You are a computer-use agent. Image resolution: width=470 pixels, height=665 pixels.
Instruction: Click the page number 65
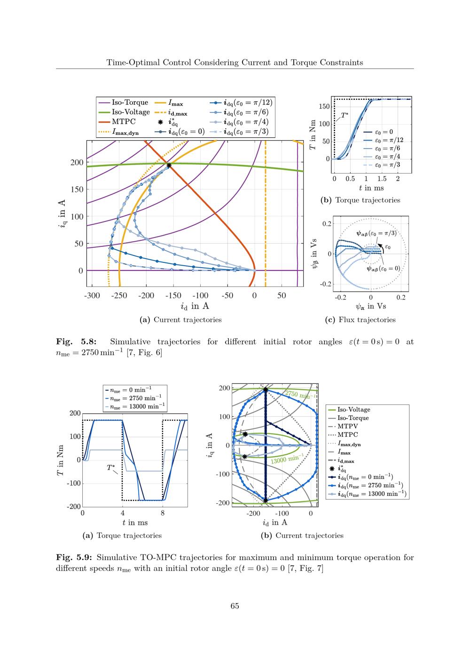[x=235, y=606]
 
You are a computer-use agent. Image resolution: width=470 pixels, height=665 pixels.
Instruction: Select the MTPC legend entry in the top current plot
[x=123, y=122]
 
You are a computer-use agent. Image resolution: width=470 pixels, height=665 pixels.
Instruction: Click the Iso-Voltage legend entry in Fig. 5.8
[x=130, y=112]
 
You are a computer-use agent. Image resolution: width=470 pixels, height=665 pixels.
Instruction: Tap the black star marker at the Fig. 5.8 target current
[x=169, y=165]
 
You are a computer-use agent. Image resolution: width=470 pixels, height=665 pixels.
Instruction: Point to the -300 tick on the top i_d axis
[x=92, y=295]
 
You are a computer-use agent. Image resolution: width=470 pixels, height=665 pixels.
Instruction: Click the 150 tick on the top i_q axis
[x=77, y=190]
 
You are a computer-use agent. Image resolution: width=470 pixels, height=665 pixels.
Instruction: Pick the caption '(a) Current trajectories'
[x=181, y=320]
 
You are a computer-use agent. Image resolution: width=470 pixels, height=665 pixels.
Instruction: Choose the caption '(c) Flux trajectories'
[x=360, y=320]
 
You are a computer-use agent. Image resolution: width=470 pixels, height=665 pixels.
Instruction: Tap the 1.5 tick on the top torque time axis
[x=382, y=179]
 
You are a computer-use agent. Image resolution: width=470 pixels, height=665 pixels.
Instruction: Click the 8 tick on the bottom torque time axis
[x=162, y=514]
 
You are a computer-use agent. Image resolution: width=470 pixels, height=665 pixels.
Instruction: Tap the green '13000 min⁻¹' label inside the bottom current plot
[x=286, y=459]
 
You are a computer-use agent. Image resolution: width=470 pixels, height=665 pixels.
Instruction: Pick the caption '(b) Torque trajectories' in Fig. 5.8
[x=360, y=200]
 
